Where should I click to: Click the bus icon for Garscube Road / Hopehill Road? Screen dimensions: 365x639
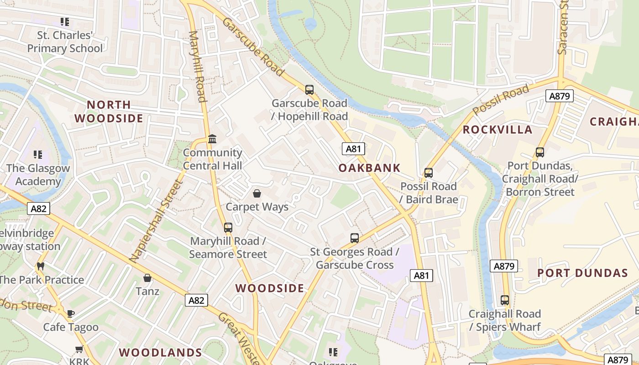click(x=309, y=89)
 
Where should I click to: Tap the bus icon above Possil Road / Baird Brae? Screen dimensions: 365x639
click(x=428, y=173)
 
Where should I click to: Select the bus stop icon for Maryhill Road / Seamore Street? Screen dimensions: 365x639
click(x=228, y=227)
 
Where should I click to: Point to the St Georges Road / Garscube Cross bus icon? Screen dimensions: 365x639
click(x=355, y=238)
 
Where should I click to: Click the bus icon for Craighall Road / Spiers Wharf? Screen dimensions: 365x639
click(x=504, y=300)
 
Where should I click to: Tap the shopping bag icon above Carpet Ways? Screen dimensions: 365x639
click(x=257, y=193)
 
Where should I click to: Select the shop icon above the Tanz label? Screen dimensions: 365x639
click(x=147, y=277)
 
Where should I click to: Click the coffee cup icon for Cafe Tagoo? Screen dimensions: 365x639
click(x=71, y=313)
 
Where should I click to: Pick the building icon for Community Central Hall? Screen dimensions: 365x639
click(x=212, y=139)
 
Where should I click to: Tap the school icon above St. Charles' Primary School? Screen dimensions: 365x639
click(x=65, y=21)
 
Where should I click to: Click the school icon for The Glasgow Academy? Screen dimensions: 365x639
click(x=38, y=154)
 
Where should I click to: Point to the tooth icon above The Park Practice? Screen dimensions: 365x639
click(x=41, y=266)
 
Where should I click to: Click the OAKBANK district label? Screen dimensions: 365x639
click(x=369, y=168)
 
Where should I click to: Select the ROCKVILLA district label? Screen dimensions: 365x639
click(x=498, y=130)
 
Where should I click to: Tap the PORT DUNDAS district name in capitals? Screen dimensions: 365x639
click(x=582, y=273)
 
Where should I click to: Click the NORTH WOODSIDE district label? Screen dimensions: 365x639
click(x=109, y=112)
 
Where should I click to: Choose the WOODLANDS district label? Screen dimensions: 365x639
click(x=160, y=353)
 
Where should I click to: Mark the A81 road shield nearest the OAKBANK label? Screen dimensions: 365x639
click(x=353, y=148)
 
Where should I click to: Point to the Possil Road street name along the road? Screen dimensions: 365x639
click(x=501, y=99)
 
